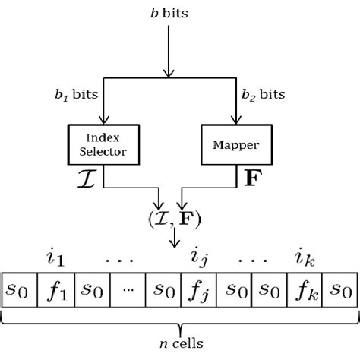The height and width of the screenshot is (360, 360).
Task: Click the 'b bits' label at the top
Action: [x=166, y=14]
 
